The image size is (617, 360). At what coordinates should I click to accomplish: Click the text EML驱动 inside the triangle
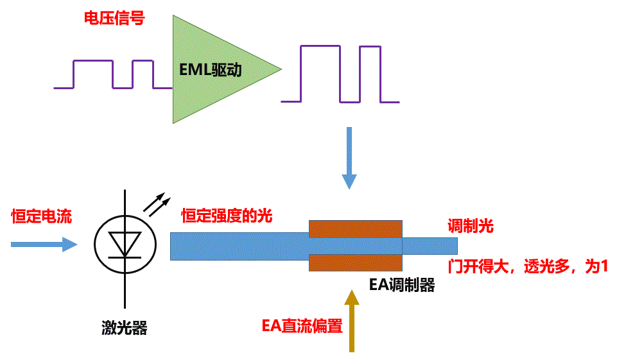211,69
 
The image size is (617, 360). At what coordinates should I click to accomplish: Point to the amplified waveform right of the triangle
340,74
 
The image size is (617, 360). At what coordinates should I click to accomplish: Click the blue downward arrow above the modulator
349,157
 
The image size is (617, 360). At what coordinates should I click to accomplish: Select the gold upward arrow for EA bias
351,320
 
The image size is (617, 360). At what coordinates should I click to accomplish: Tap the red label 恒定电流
41,217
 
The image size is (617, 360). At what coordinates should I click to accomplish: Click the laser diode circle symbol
125,244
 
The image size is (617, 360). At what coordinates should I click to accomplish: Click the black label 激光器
125,329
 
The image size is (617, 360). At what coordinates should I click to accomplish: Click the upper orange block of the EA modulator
356,228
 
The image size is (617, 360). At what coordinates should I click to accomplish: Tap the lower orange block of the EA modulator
356,263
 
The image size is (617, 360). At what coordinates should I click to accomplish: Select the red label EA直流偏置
302,326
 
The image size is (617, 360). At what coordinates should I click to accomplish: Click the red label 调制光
470,227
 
